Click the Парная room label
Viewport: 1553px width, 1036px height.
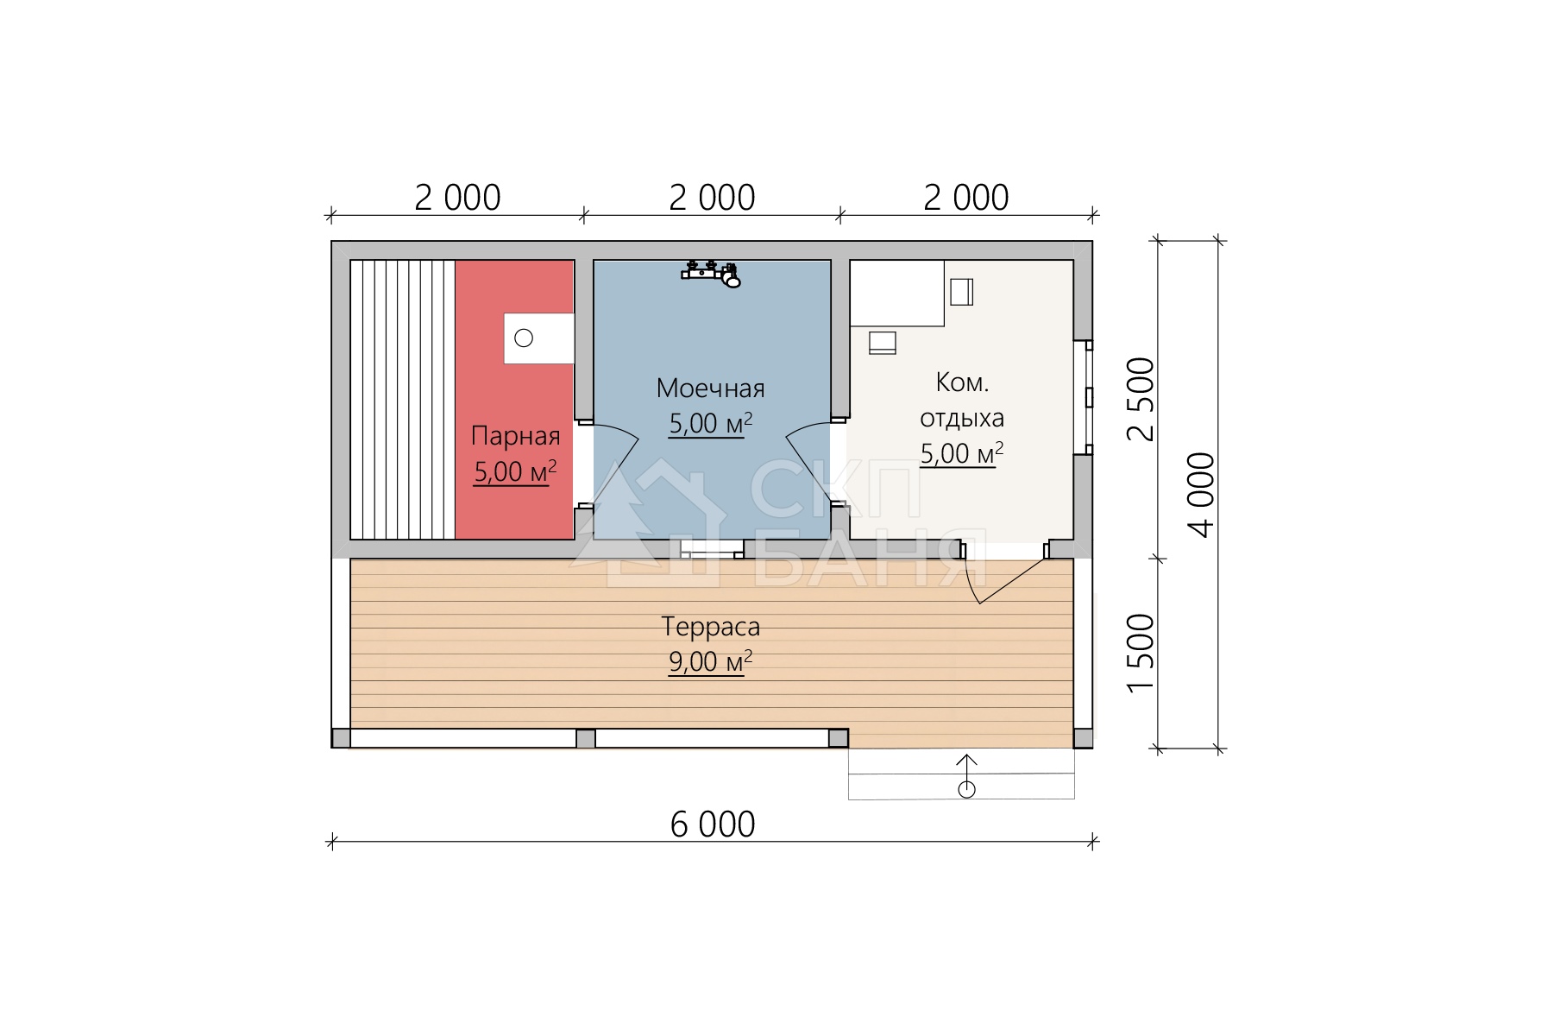pyautogui.click(x=515, y=437)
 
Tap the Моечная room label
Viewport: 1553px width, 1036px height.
pyautogui.click(x=710, y=388)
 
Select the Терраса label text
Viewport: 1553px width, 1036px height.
pyautogui.click(x=710, y=627)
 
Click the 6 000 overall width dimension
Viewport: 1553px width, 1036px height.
pyautogui.click(x=713, y=824)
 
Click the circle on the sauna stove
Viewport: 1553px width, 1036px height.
pyautogui.click(x=524, y=338)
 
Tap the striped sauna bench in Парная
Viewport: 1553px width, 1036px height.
pyautogui.click(x=403, y=400)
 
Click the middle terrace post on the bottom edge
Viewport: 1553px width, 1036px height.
pyautogui.click(x=586, y=738)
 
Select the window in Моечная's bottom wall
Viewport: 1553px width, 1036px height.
pyautogui.click(x=713, y=549)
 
